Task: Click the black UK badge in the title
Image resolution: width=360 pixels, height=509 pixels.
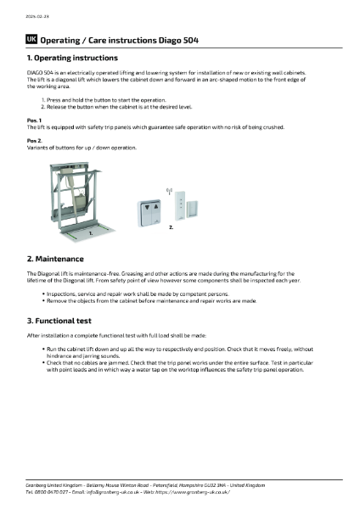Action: coord(31,39)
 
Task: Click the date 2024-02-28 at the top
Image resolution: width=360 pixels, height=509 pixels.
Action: coord(35,17)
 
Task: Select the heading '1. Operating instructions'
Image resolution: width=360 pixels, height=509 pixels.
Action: coord(72,58)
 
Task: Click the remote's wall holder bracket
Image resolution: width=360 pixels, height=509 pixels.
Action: coord(193,210)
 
